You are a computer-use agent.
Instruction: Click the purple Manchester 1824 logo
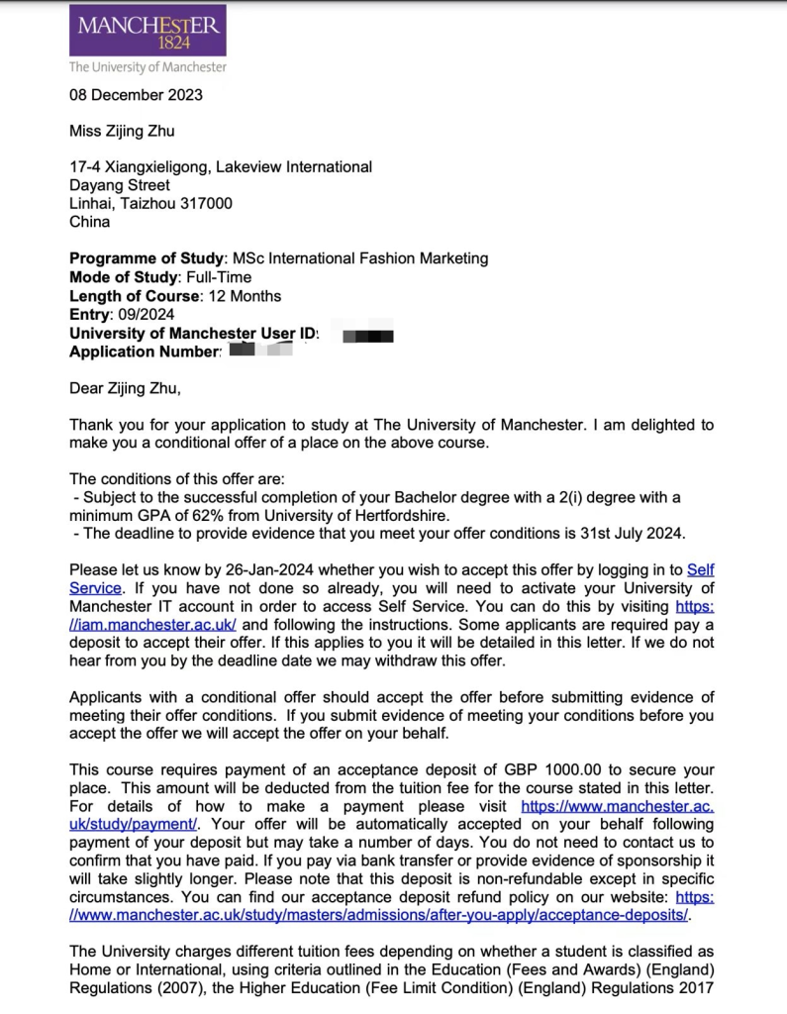click(x=147, y=31)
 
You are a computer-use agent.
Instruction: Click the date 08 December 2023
click(x=136, y=95)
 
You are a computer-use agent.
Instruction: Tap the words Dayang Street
click(x=119, y=185)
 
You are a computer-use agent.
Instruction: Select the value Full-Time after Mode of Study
click(x=219, y=277)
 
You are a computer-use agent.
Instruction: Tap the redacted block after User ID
click(x=368, y=336)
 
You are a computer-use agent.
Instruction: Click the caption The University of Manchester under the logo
click(x=147, y=67)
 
